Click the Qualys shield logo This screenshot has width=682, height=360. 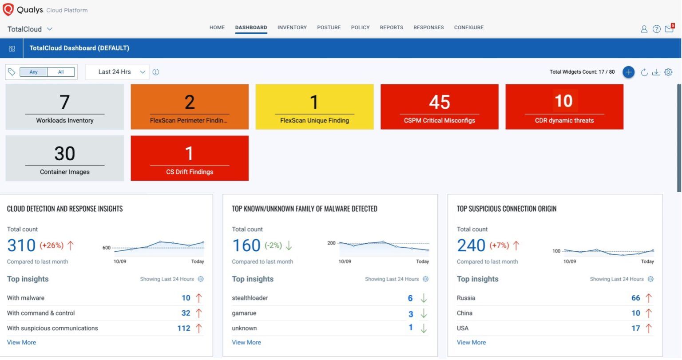click(8, 9)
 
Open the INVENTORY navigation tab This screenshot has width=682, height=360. click(292, 28)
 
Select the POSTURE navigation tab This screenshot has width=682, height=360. click(329, 28)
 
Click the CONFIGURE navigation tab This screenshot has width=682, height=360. click(468, 28)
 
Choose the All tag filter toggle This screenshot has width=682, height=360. click(61, 72)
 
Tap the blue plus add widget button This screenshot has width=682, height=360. click(628, 72)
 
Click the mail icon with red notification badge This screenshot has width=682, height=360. click(669, 29)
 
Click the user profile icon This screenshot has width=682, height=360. click(644, 29)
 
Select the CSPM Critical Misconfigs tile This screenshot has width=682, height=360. click(439, 107)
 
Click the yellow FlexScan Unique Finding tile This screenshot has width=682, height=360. click(314, 107)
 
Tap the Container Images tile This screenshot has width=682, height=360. click(65, 158)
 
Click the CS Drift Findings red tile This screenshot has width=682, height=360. click(190, 158)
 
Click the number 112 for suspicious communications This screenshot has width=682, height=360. click(184, 328)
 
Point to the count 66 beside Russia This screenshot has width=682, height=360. click(635, 298)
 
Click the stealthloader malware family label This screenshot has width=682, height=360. click(250, 298)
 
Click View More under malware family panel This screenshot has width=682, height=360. click(246, 343)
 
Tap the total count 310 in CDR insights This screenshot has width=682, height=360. click(21, 245)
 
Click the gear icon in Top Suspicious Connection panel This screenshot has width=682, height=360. click(650, 279)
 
